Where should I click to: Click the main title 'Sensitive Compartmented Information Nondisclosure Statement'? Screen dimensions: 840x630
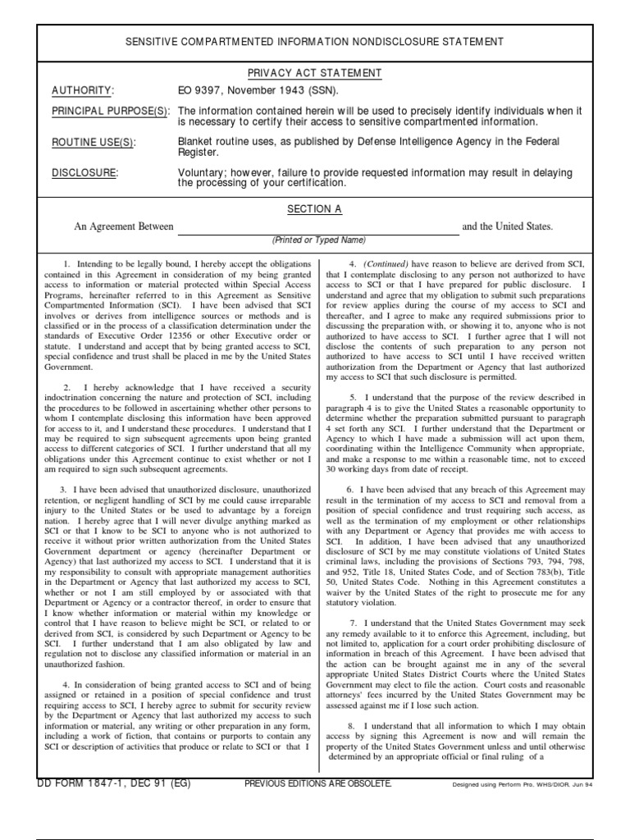[x=314, y=42]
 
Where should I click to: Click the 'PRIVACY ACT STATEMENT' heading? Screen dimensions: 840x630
[x=314, y=73]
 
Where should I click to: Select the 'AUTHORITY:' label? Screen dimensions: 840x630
[x=83, y=90]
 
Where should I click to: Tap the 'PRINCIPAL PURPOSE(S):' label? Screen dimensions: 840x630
[x=111, y=111]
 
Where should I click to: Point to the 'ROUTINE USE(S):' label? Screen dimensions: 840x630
[x=94, y=142]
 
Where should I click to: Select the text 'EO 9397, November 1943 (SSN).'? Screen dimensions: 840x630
[x=258, y=90]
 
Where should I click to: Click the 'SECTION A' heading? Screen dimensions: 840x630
[x=314, y=209]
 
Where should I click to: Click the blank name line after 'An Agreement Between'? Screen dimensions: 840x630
[x=318, y=227]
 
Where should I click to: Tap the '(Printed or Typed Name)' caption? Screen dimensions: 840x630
[x=319, y=240]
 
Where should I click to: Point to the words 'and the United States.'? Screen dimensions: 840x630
[x=508, y=226]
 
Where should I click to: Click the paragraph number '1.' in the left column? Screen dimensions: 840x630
[x=68, y=264]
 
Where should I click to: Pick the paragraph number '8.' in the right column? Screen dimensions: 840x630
[x=350, y=726]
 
